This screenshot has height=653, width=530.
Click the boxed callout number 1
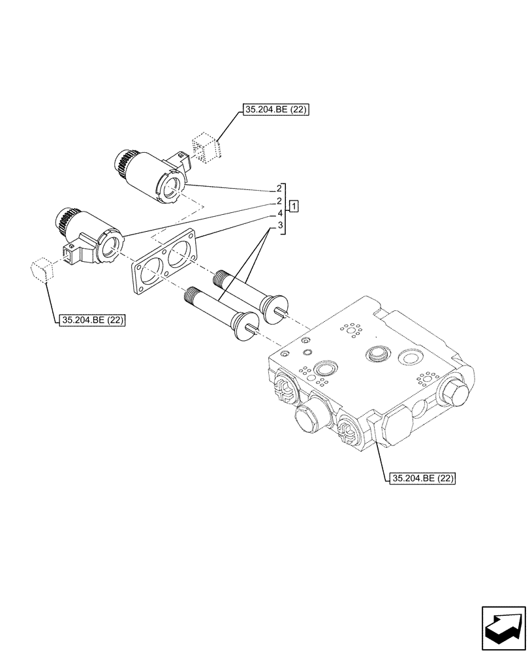coord(294,207)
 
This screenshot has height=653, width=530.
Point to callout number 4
coord(279,214)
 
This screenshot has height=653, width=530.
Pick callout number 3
coord(279,226)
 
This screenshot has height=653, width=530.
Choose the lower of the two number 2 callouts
coord(279,201)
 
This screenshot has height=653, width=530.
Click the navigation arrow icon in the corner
coord(503,628)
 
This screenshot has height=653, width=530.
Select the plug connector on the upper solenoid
coord(180,159)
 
